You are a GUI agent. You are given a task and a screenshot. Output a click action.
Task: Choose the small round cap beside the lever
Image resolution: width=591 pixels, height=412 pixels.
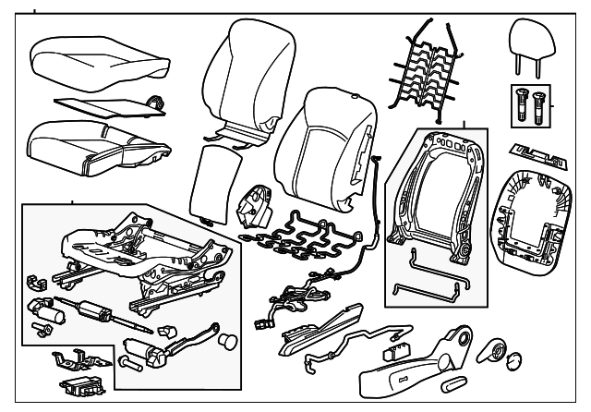[225, 341]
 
